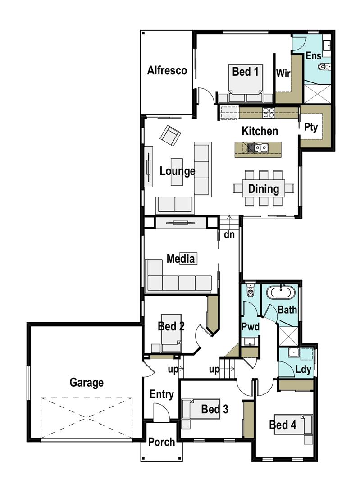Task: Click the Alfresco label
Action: point(167,70)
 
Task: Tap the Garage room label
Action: point(87,382)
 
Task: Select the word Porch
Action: point(161,442)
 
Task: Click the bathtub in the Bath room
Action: point(281,293)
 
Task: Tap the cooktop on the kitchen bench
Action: point(269,112)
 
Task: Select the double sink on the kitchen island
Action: point(261,147)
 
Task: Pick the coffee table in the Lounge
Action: point(177,172)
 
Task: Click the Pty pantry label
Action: point(311,127)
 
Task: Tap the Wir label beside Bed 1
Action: point(283,73)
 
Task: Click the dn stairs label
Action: point(229,234)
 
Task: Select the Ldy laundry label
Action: point(303,370)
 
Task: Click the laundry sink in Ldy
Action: point(294,353)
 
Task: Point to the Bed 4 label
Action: point(283,425)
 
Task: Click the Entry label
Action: point(161,394)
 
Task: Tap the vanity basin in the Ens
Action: point(326,46)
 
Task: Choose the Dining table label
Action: point(264,189)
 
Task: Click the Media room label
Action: point(181,259)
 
